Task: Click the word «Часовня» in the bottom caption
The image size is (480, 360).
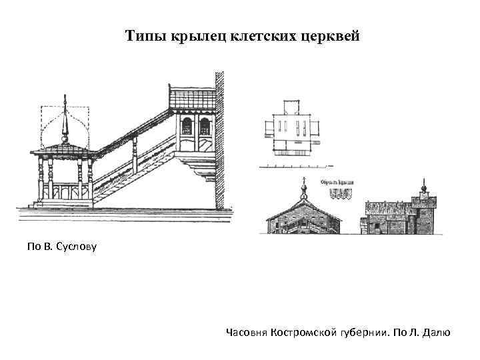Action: pos(247,331)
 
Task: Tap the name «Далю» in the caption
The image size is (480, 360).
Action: pos(436,331)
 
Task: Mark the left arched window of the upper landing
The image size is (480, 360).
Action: pos(187,126)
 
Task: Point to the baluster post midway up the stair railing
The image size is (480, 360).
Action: pos(135,155)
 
